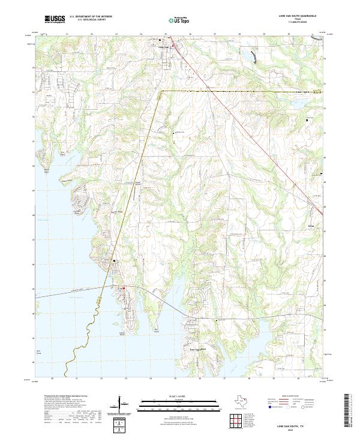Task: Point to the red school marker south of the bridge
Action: coord(124,289)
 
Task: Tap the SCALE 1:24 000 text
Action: coord(179,397)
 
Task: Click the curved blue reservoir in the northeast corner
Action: coord(256,56)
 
